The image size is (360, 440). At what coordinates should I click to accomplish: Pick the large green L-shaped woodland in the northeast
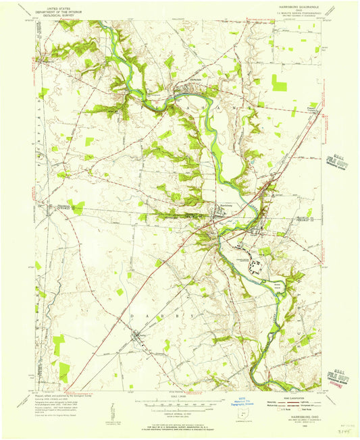[x=282, y=85]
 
